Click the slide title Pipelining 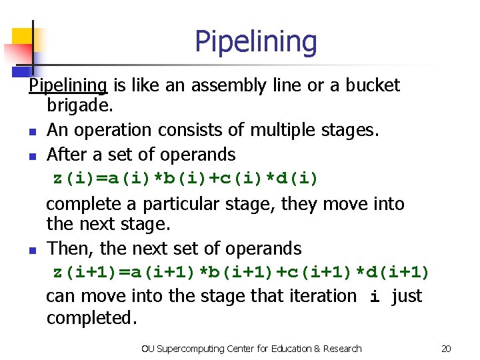coord(256,41)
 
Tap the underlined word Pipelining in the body coord(68,85)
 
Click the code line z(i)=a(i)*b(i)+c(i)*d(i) coord(186,179)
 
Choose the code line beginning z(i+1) coord(241,272)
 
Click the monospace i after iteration coord(375,296)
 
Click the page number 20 coord(446,349)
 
